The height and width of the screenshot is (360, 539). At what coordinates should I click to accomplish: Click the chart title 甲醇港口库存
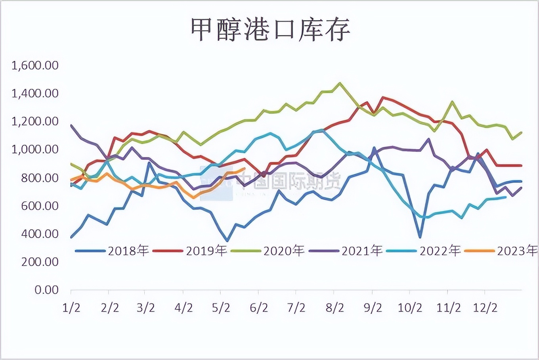tap(270, 30)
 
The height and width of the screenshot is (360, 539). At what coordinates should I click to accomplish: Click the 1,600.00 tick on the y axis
tap(35, 65)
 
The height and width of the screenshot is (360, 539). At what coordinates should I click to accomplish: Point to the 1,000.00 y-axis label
tap(35, 149)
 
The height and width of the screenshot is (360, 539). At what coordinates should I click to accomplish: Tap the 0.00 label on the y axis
tap(46, 290)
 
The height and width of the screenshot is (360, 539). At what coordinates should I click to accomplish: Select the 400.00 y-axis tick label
tap(40, 234)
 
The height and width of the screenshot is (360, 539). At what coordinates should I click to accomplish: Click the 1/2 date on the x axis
tap(71, 308)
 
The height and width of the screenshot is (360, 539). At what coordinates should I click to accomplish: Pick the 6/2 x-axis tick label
tap(259, 308)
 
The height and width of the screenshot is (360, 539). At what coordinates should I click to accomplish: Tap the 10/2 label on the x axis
tap(410, 308)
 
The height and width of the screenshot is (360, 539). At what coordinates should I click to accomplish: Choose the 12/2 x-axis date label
tap(485, 308)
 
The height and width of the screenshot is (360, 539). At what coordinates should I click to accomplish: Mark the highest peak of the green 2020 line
tap(340, 83)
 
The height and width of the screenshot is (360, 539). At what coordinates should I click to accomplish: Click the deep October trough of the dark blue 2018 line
tap(420, 237)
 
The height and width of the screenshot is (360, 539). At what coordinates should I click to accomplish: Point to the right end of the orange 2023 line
tap(244, 169)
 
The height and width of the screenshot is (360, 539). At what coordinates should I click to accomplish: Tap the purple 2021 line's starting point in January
tap(71, 125)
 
